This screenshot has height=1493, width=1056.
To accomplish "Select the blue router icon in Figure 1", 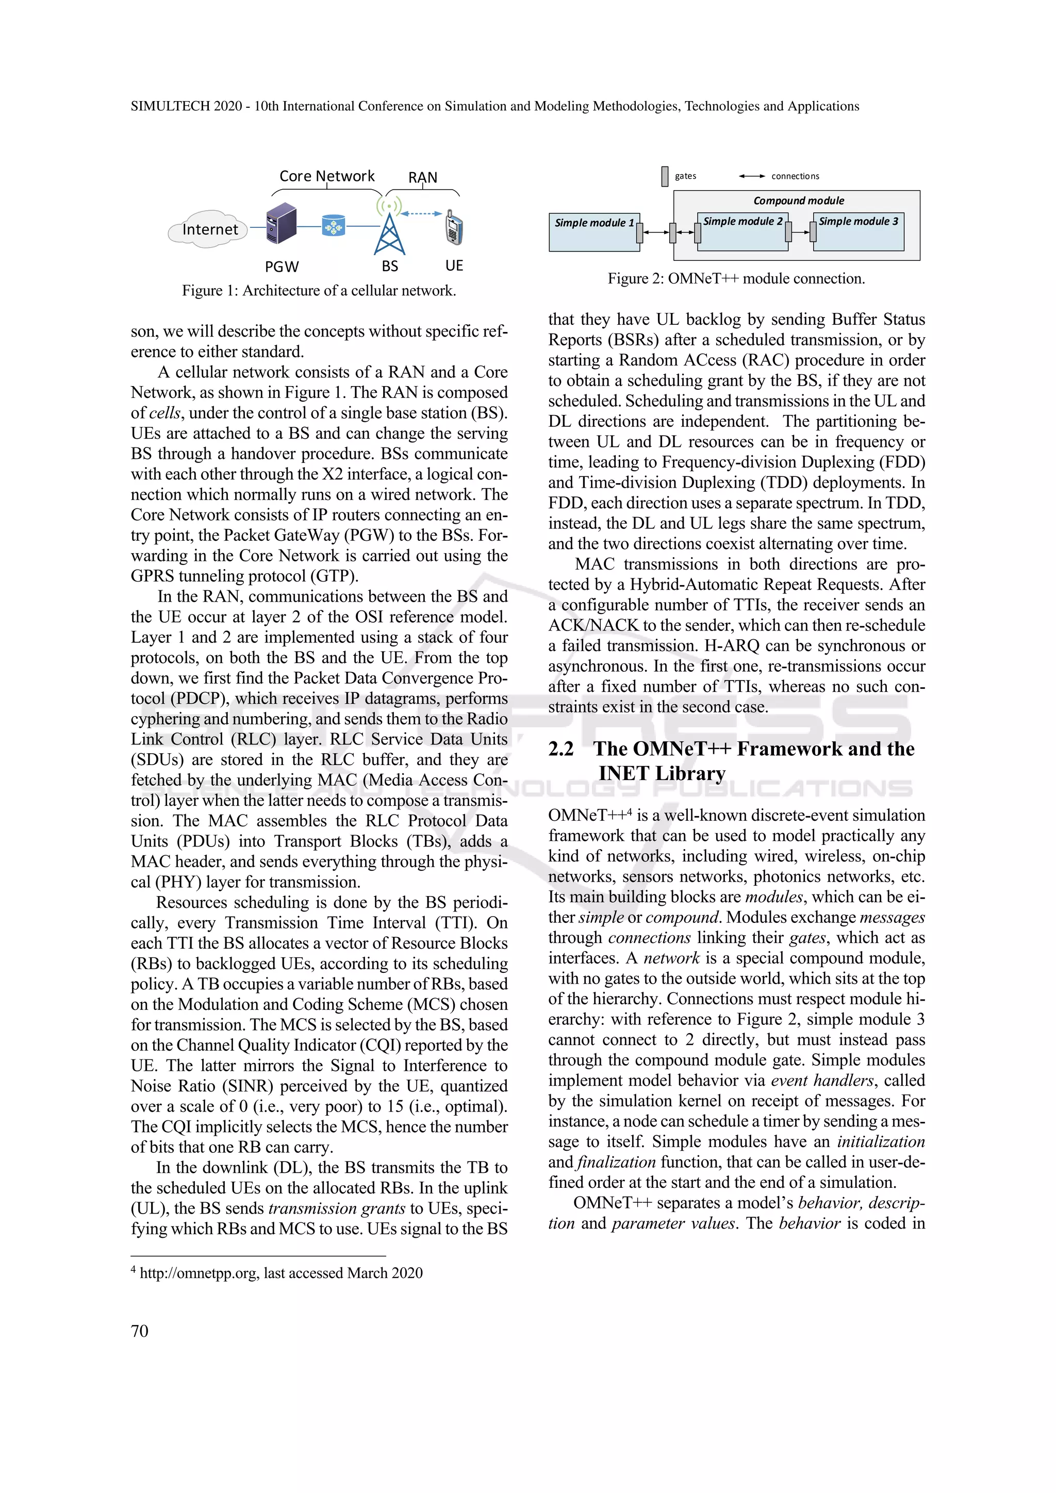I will click(334, 226).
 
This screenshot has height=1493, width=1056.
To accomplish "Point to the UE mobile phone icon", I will click(454, 227).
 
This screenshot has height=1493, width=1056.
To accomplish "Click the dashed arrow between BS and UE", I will click(421, 213).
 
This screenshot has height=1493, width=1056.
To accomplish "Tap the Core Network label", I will click(326, 176).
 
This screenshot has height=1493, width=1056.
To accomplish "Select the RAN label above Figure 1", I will click(423, 177).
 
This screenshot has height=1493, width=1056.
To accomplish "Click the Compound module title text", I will click(799, 200).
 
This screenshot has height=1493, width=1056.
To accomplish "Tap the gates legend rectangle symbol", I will click(665, 176).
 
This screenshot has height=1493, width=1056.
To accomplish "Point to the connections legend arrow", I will click(752, 176).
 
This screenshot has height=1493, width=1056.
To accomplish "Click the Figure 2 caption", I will click(736, 279).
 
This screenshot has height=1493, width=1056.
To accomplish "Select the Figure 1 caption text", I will click(319, 291).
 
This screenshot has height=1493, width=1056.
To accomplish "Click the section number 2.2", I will click(561, 749).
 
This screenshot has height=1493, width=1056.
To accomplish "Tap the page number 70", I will click(140, 1331).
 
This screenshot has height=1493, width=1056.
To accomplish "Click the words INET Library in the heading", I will click(662, 774).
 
